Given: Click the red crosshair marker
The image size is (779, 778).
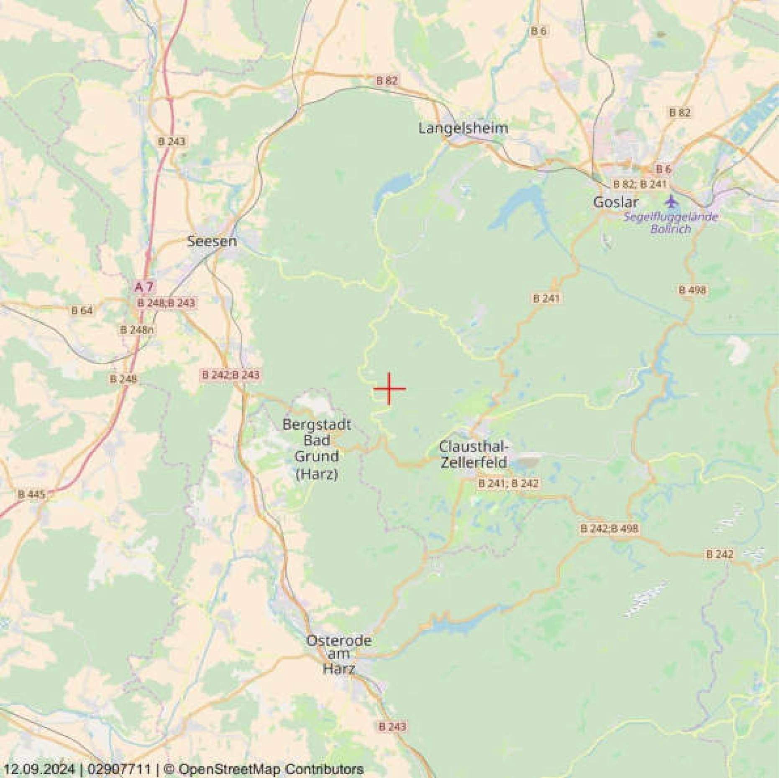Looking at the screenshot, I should point(389,388).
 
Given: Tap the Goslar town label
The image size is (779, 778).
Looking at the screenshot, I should point(615,202).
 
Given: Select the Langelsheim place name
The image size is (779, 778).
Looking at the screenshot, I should point(463,128).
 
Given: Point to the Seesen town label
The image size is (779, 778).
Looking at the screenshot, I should point(212,241).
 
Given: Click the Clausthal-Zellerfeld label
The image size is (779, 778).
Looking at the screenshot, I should point(474,454).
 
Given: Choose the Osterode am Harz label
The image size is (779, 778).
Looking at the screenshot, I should point(339,654).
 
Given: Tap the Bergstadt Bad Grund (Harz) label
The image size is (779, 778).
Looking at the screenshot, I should point(317,449).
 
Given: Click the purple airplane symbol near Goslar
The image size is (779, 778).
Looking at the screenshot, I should point(671,202).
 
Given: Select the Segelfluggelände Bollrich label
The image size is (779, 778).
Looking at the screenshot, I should point(671,223).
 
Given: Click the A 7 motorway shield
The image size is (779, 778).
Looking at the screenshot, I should point(144,287).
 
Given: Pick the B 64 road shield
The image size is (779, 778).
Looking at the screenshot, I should point(82,311).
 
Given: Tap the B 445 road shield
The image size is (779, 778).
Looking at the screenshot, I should point(31,495).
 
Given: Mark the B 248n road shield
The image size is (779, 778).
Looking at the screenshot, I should point(137,330).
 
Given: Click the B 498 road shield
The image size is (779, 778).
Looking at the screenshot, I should point(692,289).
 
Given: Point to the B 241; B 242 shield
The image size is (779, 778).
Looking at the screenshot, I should point(508,483).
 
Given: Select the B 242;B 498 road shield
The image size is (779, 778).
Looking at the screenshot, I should point(609,528).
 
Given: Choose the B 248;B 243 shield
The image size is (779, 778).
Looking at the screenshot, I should point(166,303).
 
